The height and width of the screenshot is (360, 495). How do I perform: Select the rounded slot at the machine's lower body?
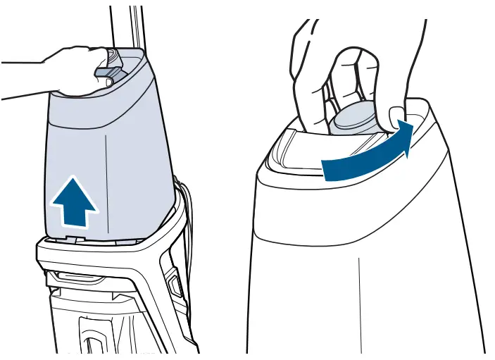92,331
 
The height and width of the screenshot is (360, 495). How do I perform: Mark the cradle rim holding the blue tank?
106,243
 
